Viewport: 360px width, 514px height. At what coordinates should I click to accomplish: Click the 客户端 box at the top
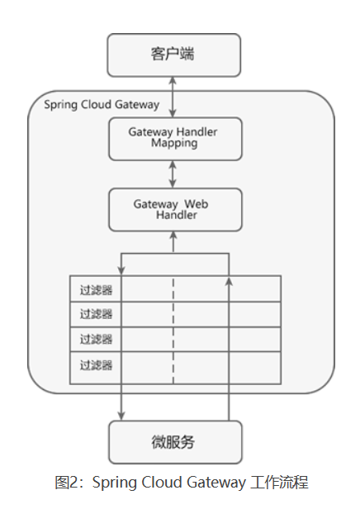coord(174,55)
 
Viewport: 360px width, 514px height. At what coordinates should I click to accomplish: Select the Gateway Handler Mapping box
coord(174,138)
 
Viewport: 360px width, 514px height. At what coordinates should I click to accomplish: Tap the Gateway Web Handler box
coord(174,209)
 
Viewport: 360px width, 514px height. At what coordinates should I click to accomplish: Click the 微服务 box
coord(174,441)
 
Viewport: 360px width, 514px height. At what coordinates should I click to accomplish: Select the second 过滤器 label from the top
coord(96,314)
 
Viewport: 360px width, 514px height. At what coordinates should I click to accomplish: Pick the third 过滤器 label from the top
coord(96,339)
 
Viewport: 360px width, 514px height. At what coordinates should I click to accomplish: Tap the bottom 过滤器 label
coord(96,364)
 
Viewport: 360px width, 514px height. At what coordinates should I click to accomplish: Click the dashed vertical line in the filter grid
coord(173,331)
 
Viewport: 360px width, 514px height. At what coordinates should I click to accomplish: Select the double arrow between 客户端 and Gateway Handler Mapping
coord(173,96)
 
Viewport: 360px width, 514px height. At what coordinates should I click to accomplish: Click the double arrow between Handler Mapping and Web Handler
coord(173,174)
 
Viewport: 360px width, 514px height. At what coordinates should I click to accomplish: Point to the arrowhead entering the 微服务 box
coord(122,416)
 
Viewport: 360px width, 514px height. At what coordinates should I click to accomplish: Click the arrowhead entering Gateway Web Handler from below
coord(173,236)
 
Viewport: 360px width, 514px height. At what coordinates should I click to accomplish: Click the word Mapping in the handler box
coord(174,143)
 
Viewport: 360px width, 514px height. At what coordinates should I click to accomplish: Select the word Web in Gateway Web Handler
coord(195,203)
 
